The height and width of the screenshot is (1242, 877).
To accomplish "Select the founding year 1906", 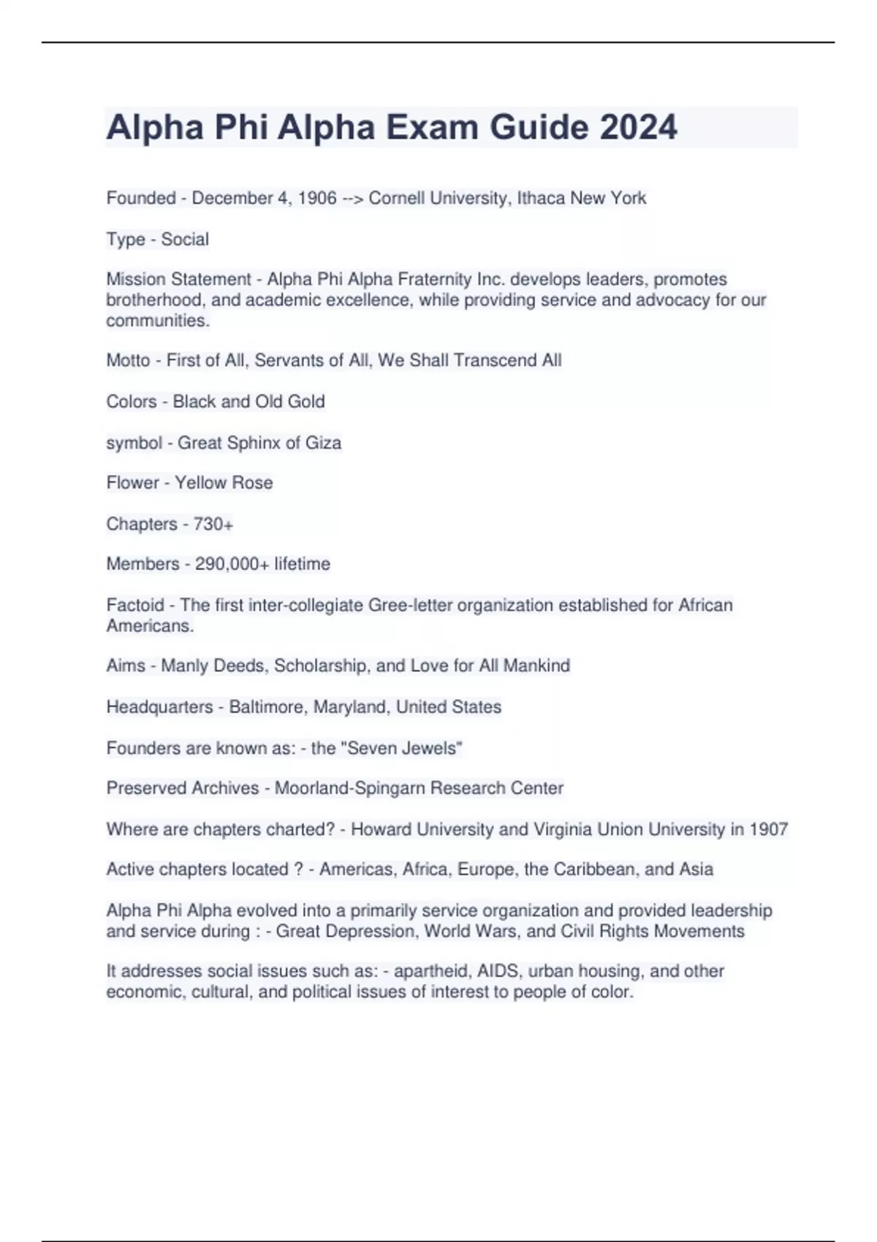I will tap(317, 198).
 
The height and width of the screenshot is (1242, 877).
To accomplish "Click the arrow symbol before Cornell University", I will tap(352, 198).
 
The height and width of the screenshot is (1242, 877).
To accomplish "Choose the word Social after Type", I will tap(185, 239).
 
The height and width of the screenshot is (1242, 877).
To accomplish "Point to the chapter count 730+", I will tap(213, 524).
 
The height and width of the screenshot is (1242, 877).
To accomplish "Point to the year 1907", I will tap(769, 829).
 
